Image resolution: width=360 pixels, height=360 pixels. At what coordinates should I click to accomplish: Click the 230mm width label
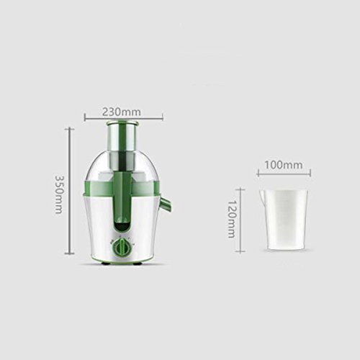pyautogui.click(x=122, y=112)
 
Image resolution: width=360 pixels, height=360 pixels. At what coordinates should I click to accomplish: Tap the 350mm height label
pyautogui.click(x=59, y=194)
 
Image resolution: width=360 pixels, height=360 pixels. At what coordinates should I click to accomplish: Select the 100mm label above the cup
pyautogui.click(x=284, y=165)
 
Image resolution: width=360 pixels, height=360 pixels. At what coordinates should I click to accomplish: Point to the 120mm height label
pyautogui.click(x=231, y=219)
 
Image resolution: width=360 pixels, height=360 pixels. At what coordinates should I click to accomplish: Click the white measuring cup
pyautogui.click(x=284, y=220)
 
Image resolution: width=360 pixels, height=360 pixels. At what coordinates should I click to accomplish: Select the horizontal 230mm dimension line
pyautogui.click(x=124, y=118)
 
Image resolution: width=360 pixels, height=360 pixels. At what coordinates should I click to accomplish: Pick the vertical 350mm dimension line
pyautogui.click(x=70, y=191)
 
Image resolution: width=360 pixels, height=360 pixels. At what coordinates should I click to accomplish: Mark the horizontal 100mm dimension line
pyautogui.click(x=284, y=173)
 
